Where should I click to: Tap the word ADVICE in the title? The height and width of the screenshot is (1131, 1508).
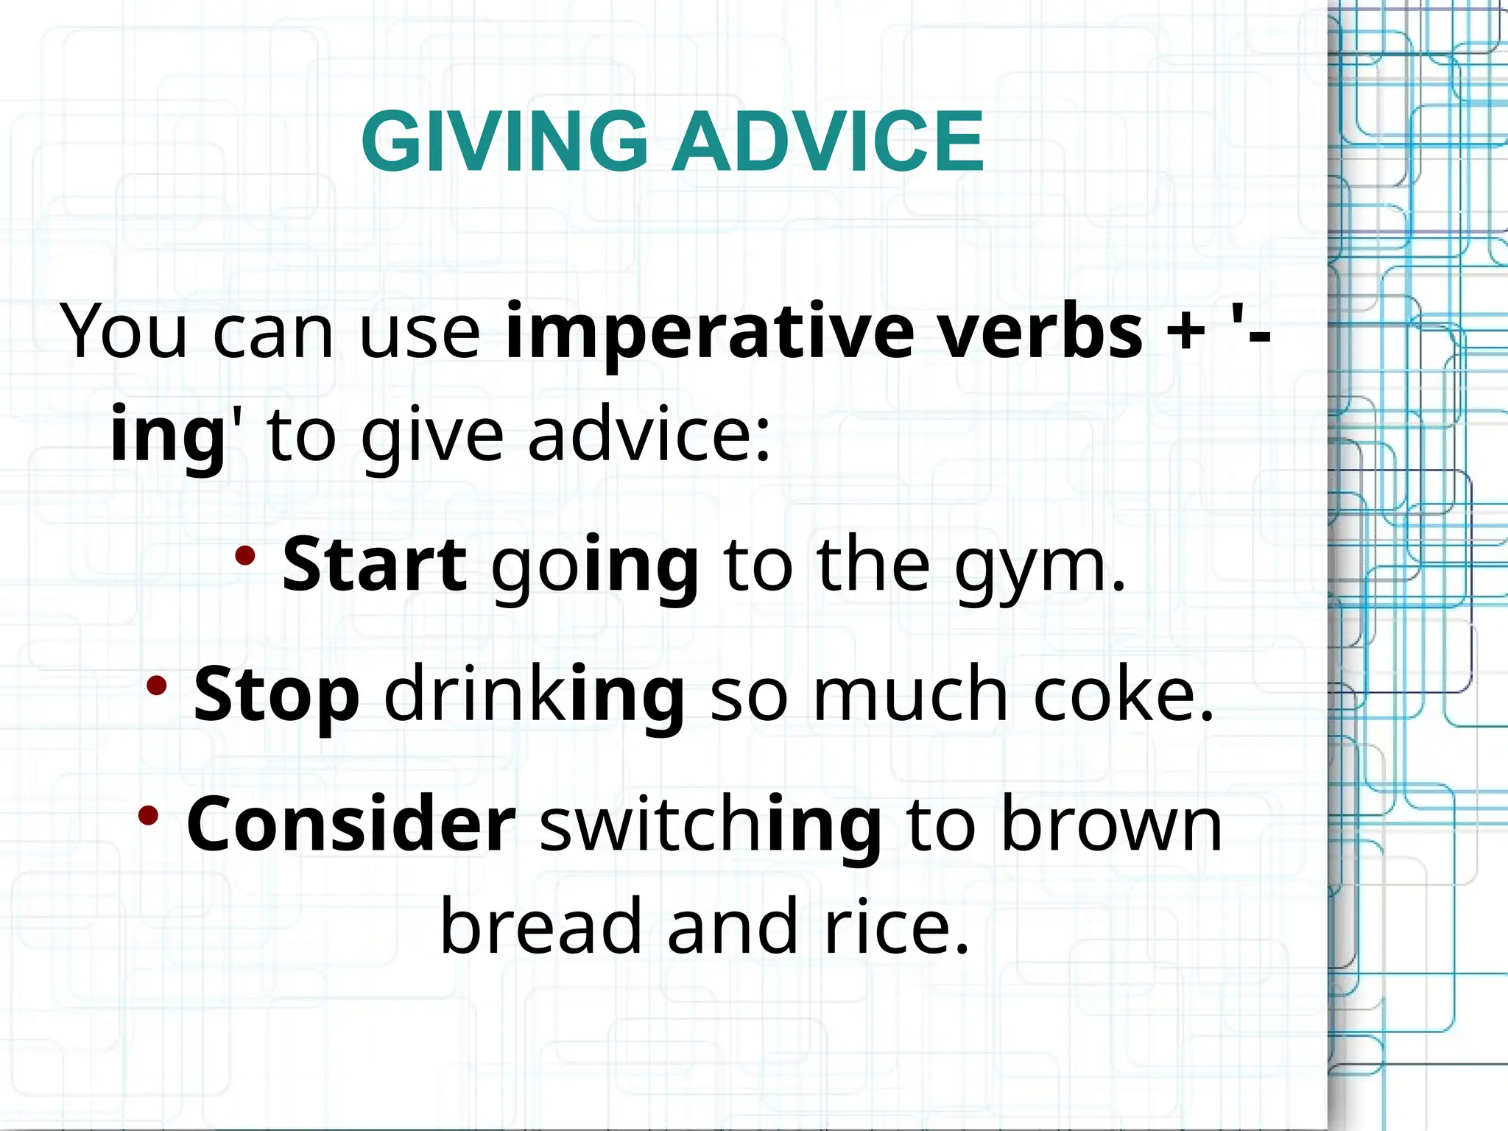828,141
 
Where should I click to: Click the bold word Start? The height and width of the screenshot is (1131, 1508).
375,565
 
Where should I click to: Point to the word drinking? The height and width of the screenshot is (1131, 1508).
535,695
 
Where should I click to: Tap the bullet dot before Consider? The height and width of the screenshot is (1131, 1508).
148,815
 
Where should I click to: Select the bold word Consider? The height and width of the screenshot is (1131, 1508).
351,825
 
